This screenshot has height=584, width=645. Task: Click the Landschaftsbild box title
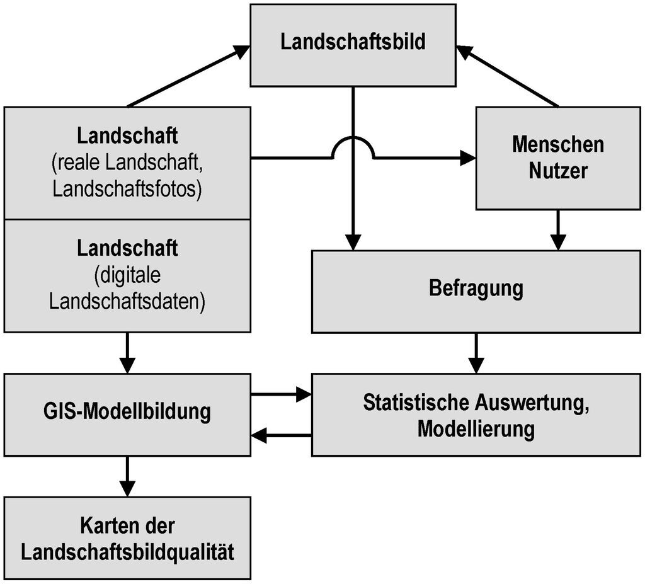(353, 42)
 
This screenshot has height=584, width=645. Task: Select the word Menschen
(558, 144)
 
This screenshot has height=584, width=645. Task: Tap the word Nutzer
(558, 170)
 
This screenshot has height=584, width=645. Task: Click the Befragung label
(476, 288)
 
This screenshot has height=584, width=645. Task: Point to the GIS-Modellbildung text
(127, 411)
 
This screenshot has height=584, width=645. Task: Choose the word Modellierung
(476, 429)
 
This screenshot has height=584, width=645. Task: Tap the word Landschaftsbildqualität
(127, 552)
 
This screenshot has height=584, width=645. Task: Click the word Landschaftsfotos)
(127, 190)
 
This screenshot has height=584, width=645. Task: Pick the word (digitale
(127, 276)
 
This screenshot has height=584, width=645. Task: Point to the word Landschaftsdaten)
(127, 302)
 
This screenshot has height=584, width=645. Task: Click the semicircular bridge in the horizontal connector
(353, 137)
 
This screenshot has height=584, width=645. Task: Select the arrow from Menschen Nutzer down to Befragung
(558, 230)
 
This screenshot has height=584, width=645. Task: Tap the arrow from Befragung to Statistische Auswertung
(476, 353)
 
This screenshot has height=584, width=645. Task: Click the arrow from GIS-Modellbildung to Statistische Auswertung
(281, 394)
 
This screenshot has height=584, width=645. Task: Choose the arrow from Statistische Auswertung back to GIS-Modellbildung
(281, 435)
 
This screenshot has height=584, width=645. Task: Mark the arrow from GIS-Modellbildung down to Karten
(127, 476)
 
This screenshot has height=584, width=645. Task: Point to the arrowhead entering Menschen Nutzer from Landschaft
(468, 157)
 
